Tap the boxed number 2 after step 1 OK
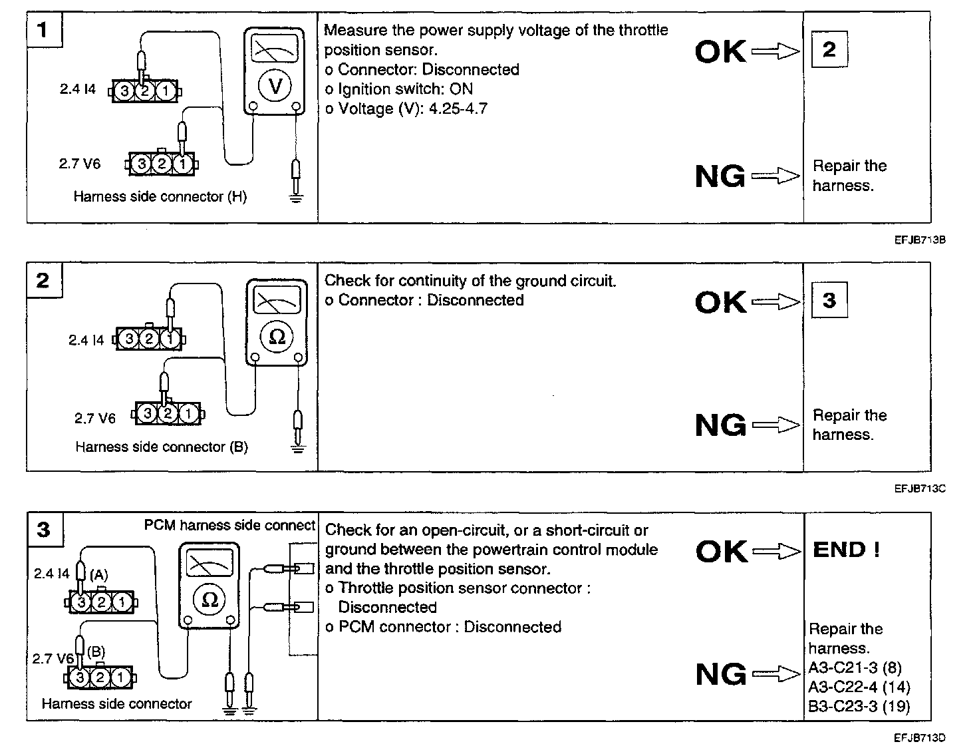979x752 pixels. tap(829, 49)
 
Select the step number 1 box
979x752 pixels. tap(43, 31)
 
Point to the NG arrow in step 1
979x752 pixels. tap(775, 176)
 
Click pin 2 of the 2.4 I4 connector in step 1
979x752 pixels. tap(145, 91)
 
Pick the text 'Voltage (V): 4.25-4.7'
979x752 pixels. tap(412, 108)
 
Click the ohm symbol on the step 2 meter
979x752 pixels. tap(277, 337)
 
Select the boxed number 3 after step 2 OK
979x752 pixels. tap(829, 300)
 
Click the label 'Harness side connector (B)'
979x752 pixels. tap(162, 447)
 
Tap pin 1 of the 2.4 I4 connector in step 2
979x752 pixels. tap(171, 339)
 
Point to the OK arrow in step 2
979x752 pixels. tap(775, 303)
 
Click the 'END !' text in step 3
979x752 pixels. tap(846, 550)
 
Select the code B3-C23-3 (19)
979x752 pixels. tap(859, 706)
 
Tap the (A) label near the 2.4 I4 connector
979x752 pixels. tap(98, 574)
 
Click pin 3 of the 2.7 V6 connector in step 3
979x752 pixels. tap(80, 678)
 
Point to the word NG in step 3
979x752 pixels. tap(721, 674)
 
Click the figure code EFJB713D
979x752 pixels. tap(920, 737)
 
